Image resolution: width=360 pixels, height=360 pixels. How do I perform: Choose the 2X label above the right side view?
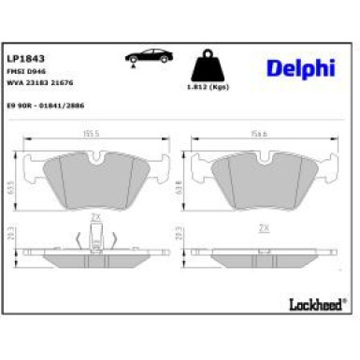tap(264, 226)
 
